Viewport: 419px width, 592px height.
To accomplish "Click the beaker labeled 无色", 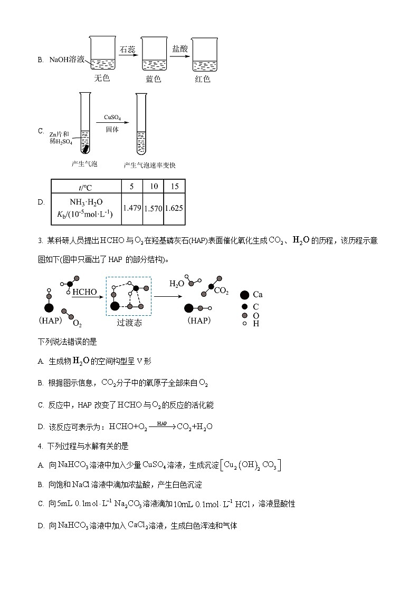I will click(102, 54).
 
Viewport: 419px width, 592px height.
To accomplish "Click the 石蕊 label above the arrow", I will click(127, 50).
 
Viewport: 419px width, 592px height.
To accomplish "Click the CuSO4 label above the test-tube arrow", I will click(112, 118).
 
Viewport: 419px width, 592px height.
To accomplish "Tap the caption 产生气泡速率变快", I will click(149, 165).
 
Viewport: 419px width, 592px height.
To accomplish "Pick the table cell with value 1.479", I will click(132, 208).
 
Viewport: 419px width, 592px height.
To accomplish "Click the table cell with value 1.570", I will click(153, 208).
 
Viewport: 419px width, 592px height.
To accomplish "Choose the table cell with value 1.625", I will click(174, 208).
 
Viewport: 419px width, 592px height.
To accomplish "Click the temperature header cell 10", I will click(154, 186).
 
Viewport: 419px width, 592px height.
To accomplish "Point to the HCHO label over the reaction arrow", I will click(84, 292).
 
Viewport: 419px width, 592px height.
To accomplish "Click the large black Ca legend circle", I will click(244, 295).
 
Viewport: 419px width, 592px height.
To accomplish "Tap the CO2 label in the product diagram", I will click(221, 290).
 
